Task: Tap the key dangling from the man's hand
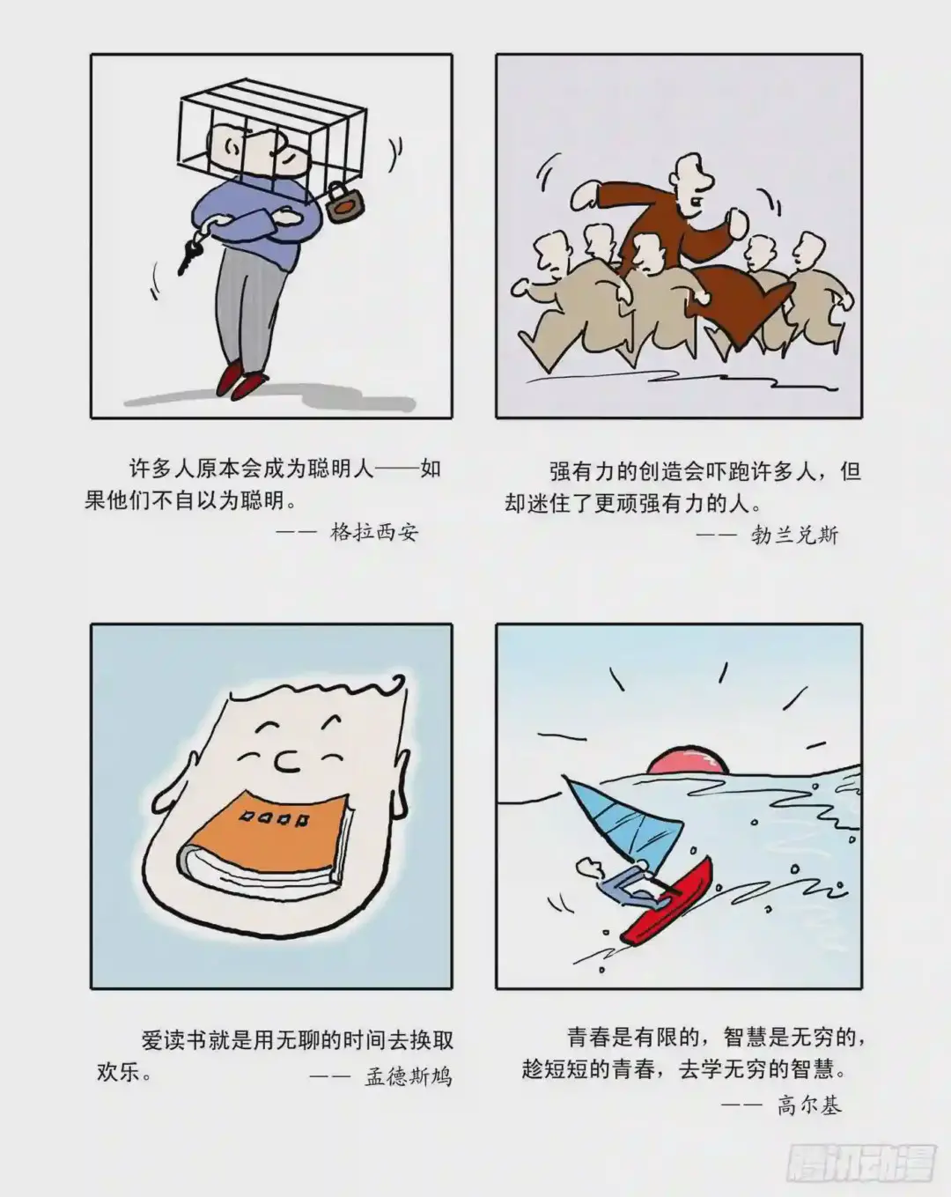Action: coord(188,255)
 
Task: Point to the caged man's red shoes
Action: coord(240,380)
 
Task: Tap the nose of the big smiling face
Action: coord(288,762)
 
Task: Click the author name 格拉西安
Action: coord(374,532)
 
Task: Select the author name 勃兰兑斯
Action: coord(794,536)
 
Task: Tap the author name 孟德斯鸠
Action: coord(409,1077)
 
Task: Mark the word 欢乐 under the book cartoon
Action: coord(119,1072)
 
